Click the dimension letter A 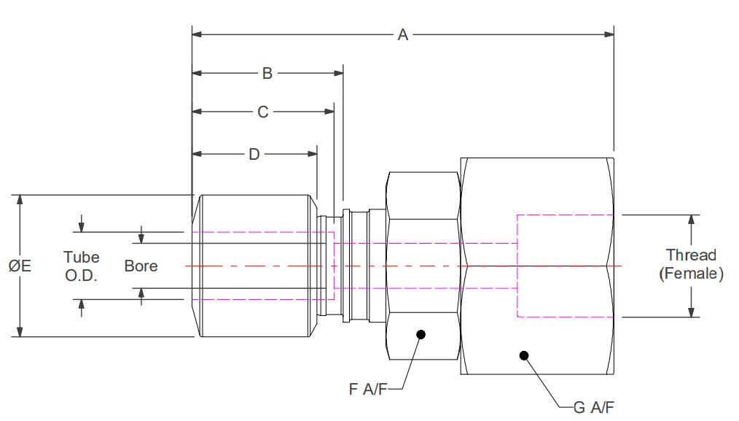[x=402, y=34]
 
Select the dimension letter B [x=267, y=73]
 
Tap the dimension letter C [x=263, y=112]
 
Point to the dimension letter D [x=254, y=154]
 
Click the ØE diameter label [x=20, y=266]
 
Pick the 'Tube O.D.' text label [x=81, y=266]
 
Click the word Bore [x=141, y=266]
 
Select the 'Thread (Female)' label [x=691, y=265]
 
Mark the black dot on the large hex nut [x=523, y=355]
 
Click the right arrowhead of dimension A [x=609, y=34]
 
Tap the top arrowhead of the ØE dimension [x=20, y=201]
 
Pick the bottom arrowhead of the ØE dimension [x=20, y=331]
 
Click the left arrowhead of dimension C [x=197, y=112]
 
